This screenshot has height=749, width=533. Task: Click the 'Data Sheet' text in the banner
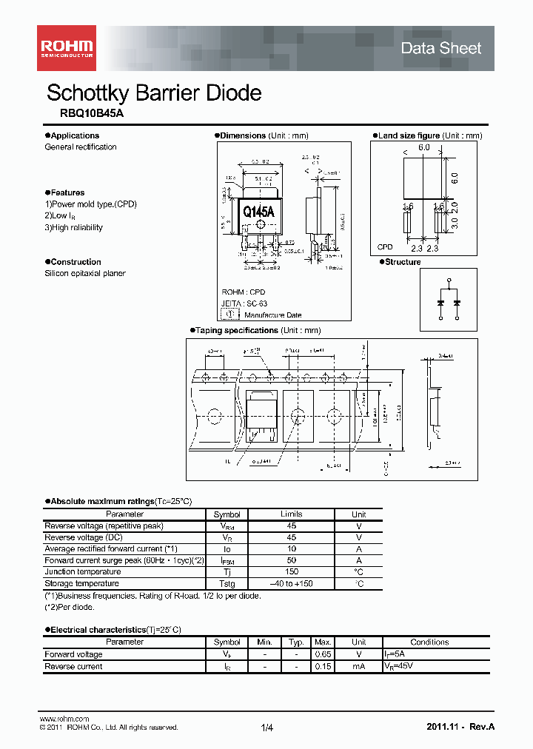click(x=440, y=48)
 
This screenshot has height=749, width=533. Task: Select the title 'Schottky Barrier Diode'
click(x=154, y=93)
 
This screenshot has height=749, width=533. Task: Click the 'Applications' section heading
click(x=75, y=135)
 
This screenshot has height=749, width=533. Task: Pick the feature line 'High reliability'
click(x=74, y=227)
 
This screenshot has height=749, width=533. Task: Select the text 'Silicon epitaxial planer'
click(x=85, y=273)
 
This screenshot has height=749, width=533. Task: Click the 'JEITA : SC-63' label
click(x=243, y=303)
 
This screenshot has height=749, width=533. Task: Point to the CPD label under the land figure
click(x=385, y=247)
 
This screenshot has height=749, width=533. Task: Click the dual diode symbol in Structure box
click(x=449, y=300)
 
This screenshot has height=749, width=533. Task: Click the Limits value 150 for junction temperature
click(x=291, y=571)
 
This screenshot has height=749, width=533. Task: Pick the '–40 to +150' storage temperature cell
click(x=291, y=583)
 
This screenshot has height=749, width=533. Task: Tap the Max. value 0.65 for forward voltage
click(x=322, y=654)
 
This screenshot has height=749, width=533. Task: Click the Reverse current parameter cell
click(x=73, y=666)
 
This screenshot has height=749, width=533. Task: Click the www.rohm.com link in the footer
click(x=64, y=719)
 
